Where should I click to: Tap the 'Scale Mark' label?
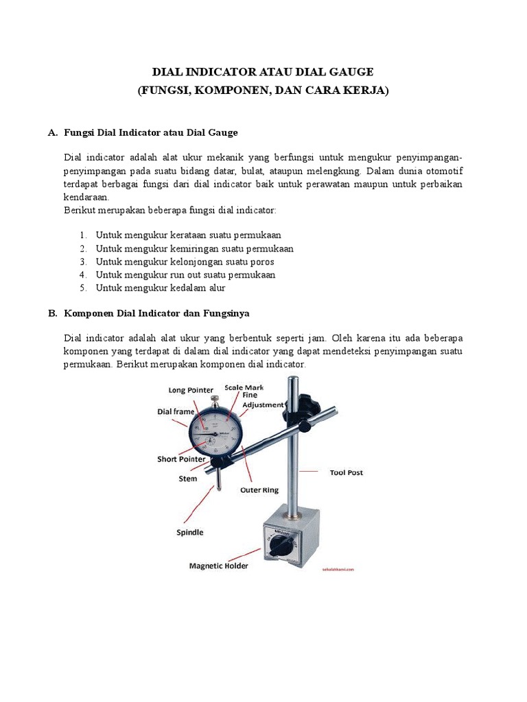click(x=244, y=387)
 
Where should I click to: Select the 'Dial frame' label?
click(x=176, y=411)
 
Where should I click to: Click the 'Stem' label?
click(x=187, y=479)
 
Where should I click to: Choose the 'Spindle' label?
click(x=190, y=531)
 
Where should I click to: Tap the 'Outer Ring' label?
click(x=258, y=490)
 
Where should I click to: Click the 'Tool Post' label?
click(x=346, y=472)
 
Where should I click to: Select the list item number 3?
click(x=82, y=262)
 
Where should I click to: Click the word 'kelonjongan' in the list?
click(x=193, y=262)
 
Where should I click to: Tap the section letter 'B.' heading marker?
click(x=52, y=313)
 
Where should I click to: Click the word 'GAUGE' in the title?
click(x=347, y=72)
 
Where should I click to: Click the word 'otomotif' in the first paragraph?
click(x=444, y=171)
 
